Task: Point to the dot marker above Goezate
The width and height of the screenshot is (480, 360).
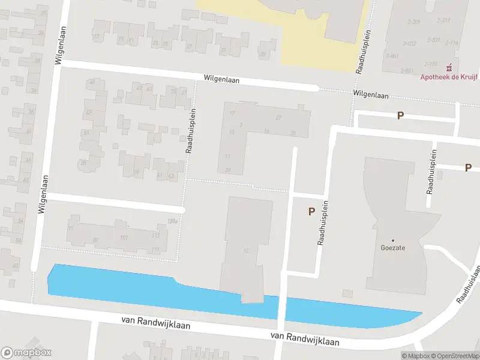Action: tap(394, 239)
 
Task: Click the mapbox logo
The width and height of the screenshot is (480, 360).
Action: tap(26, 353)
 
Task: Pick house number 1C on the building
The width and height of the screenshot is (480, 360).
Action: tap(245, 251)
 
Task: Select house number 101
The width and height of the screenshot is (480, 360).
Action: tap(124, 238)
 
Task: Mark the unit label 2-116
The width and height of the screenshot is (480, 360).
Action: tap(451, 42)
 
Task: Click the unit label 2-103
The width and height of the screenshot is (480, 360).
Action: tap(431, 63)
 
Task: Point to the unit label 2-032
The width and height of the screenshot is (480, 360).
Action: tap(410, 43)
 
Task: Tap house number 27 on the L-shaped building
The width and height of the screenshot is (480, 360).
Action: tap(278, 117)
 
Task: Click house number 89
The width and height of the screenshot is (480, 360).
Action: tap(95, 240)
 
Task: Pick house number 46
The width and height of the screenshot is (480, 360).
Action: tap(91, 82)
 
